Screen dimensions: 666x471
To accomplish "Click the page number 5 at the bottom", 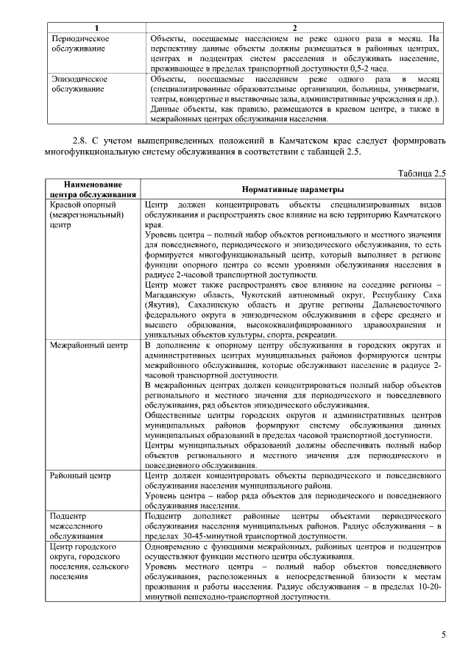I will pyautogui.click(x=443, y=634).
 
